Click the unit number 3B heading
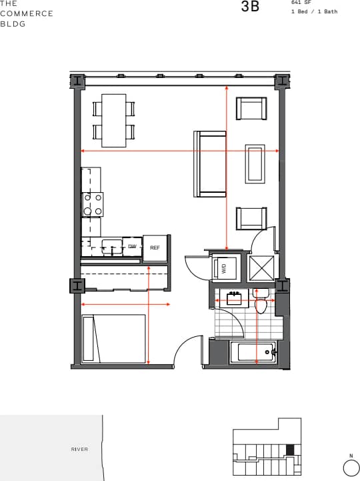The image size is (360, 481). tap(250, 7)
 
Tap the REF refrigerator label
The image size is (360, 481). tap(155, 248)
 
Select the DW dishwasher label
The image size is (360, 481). tap(132, 247)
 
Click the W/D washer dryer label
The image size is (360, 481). tap(224, 268)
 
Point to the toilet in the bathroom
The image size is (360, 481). tap(261, 303)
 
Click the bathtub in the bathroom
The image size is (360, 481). tap(253, 352)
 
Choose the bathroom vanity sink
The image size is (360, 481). tap(234, 298)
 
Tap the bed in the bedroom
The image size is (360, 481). tap(114, 339)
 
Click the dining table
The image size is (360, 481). tap(113, 120)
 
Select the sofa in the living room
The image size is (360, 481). tap(211, 163)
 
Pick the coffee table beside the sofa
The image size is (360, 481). tap(255, 163)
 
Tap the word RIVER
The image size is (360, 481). tap(79, 449)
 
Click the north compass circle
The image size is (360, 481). tap(351, 469)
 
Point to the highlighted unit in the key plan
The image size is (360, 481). tap(289, 449)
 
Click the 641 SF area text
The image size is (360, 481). tap(301, 3)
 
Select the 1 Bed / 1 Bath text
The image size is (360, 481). tap(315, 12)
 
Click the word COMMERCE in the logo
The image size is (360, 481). tap(27, 13)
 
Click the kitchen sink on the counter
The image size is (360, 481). tap(112, 246)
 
